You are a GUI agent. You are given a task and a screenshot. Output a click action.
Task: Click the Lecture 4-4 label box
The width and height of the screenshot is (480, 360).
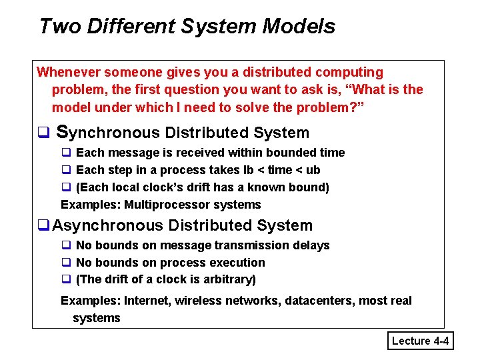pos(421,341)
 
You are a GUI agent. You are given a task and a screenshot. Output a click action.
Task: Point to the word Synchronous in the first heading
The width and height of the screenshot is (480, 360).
pos(109,133)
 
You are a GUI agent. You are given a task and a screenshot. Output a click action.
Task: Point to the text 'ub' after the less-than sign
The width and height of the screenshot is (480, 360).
pos(313,170)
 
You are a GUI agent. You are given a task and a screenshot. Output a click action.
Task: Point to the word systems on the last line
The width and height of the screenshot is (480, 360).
pos(97,318)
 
